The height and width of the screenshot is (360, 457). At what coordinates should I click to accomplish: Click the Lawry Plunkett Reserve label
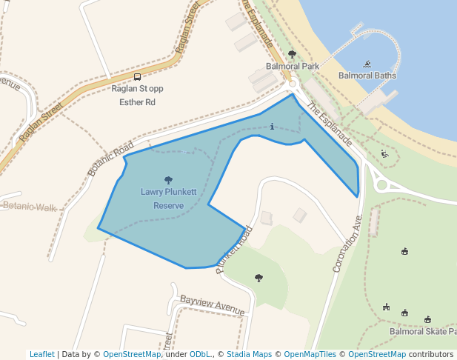pos(169,198)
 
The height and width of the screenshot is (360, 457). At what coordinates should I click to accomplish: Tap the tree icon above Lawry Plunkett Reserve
pos(169,179)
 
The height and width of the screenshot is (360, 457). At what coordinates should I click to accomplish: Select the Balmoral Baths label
pos(367,76)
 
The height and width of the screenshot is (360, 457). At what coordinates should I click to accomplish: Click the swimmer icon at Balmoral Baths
pos(367,64)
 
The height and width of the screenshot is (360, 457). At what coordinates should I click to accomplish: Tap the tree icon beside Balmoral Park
pos(292,54)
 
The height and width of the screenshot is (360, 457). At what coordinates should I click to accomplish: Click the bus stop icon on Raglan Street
pos(137,77)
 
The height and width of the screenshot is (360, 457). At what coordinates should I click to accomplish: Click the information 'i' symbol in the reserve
pos(273,126)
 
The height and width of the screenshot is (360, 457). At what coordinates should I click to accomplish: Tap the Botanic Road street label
pos(111,158)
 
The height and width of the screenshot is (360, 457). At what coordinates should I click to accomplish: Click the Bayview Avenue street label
pos(212,304)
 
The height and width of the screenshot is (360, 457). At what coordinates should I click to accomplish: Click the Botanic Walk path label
pos(30,207)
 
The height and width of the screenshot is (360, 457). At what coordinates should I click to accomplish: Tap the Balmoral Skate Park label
pos(421,331)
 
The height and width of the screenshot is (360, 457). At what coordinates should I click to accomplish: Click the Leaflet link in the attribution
pos(41,354)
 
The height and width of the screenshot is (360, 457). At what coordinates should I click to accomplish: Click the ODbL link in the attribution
pos(200,354)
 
